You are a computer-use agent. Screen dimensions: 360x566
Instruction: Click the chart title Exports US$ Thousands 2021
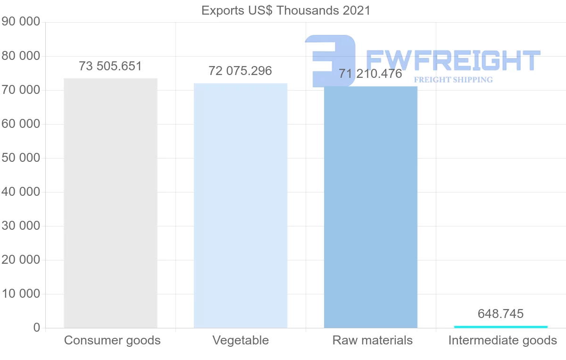click(286, 10)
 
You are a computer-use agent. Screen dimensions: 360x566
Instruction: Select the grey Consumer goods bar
click(110, 203)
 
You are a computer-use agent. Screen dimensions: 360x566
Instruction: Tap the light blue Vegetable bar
click(241, 205)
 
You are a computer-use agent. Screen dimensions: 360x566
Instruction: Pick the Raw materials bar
click(371, 208)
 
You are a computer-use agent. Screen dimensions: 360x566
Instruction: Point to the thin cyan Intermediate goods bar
click(501, 327)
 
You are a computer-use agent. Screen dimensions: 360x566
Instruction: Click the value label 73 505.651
click(110, 67)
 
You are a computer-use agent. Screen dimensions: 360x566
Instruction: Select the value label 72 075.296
click(241, 71)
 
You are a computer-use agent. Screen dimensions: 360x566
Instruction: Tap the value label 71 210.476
click(371, 74)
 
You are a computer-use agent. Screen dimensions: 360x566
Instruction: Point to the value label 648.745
click(501, 314)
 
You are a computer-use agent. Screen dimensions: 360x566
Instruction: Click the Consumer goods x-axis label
click(112, 341)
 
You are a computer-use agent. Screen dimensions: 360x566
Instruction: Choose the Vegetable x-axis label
click(241, 341)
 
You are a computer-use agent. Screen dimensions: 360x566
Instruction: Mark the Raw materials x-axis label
click(373, 341)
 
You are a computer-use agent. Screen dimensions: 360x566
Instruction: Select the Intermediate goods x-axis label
click(503, 341)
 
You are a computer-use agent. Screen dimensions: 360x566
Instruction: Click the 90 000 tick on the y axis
click(21, 22)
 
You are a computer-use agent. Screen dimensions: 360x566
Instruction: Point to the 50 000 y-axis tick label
click(21, 158)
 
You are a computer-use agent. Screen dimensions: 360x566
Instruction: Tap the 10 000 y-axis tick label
click(21, 294)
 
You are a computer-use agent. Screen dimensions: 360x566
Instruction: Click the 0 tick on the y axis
click(37, 328)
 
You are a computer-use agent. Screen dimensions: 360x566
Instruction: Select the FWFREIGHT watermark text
click(453, 60)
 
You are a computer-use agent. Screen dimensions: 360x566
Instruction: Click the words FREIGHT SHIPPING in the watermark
click(453, 80)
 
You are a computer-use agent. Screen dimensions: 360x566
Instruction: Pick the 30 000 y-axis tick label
click(21, 226)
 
